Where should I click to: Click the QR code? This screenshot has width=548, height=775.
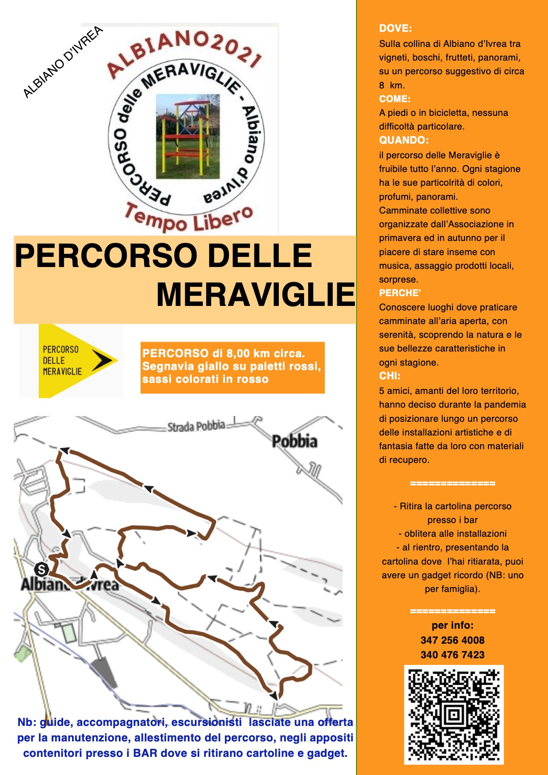(454, 714)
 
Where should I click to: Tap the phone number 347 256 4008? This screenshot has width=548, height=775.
(453, 640)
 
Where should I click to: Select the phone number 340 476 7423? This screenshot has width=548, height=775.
(453, 655)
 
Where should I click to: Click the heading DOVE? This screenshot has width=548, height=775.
(395, 28)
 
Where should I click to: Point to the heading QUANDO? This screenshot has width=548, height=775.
(403, 140)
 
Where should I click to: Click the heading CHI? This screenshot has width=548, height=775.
(389, 376)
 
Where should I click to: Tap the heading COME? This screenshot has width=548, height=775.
(395, 99)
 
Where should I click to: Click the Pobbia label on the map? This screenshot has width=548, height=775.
(294, 441)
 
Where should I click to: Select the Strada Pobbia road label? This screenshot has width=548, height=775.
(196, 427)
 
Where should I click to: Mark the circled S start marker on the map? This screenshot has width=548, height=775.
(42, 569)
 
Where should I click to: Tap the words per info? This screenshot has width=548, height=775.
(453, 625)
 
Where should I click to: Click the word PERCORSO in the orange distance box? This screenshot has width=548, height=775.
(175, 354)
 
